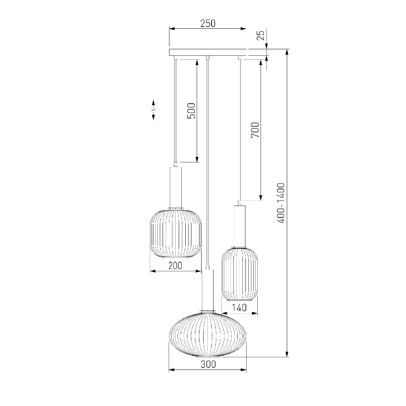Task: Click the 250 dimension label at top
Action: pos(208,24)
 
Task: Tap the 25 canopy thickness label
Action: pos(262,35)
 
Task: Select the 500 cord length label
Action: pos(191,111)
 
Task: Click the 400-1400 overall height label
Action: pos(281,203)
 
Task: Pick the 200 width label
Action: pos(175,265)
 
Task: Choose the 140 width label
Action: pos(239,307)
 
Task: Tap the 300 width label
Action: pos(208,364)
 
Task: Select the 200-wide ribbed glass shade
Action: pos(176,234)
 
